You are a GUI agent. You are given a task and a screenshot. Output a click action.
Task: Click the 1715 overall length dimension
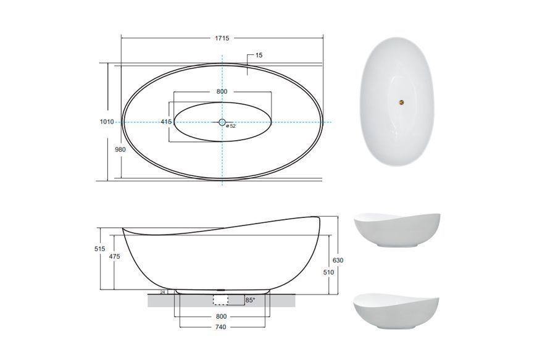pos(222,38)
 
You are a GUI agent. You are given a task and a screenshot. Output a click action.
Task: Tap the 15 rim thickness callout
pos(259,55)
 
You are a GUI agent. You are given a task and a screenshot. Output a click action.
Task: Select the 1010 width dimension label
pos(107,122)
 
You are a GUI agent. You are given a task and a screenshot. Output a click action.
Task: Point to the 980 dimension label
pos(120,149)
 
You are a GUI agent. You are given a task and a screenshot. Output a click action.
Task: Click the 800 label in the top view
pos(222,91)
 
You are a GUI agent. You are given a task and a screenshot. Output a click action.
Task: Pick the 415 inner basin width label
pos(166,122)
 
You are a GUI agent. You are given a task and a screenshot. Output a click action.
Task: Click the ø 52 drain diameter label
pos(231,126)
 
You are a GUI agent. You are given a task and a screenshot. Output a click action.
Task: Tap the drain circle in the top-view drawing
pos(222,122)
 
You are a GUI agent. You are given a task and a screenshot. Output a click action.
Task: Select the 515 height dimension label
pos(99,249)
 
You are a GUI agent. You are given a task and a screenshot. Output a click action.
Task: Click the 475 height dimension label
pos(114,256)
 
